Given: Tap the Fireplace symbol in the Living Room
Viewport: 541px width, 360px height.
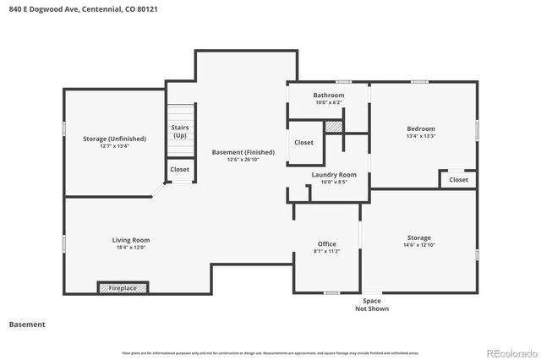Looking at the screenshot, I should pos(123,288).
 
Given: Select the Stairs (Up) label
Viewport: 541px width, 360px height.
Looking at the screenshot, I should pos(180,131).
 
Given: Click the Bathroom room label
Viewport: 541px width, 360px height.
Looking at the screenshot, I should pos(329,95).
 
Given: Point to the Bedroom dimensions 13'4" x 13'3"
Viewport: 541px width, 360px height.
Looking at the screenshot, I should pos(420,135).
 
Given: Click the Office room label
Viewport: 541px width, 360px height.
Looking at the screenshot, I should pos(326,244).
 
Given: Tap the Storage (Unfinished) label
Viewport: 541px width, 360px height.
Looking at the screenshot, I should pos(114,139).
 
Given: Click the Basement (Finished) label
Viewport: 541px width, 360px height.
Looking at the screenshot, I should pos(244,152).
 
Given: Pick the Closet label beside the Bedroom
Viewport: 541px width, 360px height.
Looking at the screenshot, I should pos(458,179).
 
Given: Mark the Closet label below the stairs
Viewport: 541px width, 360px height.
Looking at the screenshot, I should pos(180,169).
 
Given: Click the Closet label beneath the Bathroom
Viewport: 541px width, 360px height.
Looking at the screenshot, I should pos(304,143).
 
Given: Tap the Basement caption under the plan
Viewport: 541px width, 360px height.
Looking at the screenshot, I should pos(27,325).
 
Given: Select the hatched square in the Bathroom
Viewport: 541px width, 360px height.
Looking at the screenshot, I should pos(334,125).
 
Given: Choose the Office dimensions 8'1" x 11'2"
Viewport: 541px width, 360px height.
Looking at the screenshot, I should pos(326,251).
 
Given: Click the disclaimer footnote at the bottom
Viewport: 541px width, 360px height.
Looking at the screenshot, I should pos(270,352).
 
